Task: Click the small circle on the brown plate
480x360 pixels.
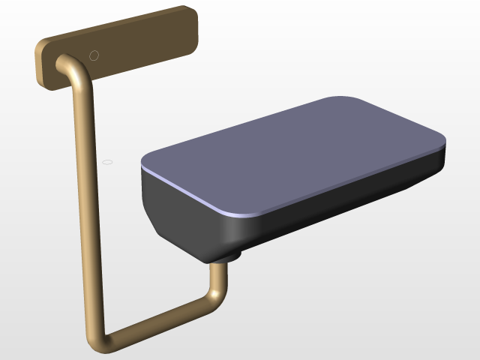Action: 94,55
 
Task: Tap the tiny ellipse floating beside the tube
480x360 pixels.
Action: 107,161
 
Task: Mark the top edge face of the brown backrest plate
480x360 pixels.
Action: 112,26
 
